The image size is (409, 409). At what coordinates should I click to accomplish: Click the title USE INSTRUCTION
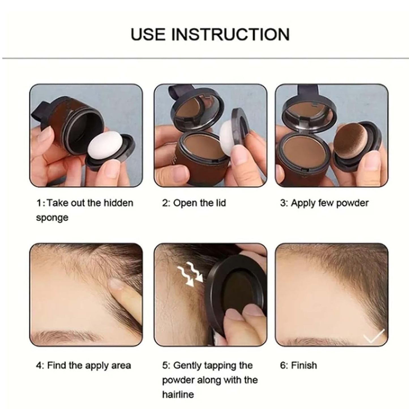[x=210, y=34]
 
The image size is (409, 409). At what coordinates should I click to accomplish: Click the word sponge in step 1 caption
[x=52, y=218]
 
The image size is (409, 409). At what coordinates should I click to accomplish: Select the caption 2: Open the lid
[x=194, y=203]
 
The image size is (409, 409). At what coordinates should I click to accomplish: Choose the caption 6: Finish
[x=298, y=365]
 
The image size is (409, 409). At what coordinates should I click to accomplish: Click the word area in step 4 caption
[x=121, y=365]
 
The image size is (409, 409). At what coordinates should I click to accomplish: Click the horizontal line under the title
[x=204, y=58]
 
